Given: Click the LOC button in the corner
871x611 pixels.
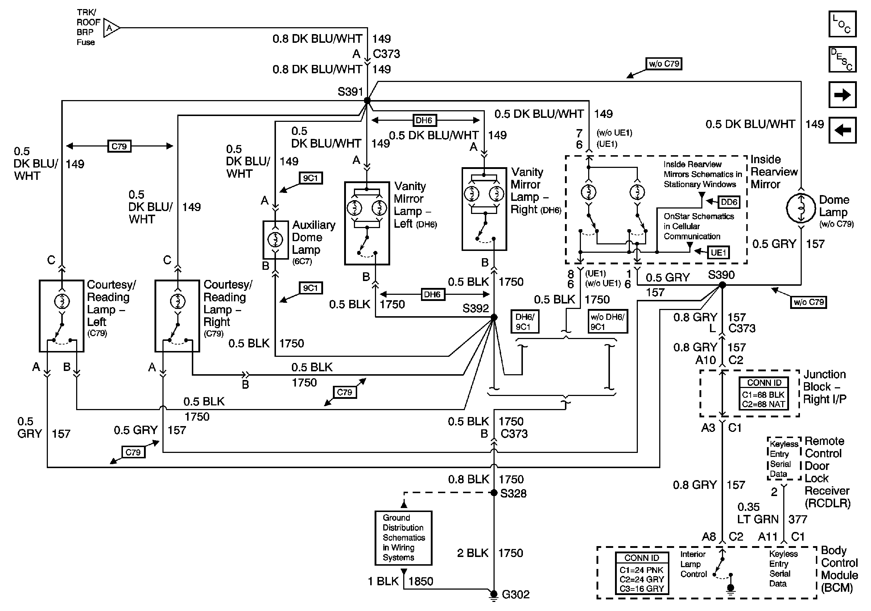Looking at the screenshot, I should click(x=842, y=24).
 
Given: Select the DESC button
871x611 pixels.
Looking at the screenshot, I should click(x=842, y=59).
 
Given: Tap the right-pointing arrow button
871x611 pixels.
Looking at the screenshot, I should click(x=842, y=94).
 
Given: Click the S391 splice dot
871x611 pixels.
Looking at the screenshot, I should click(x=367, y=100).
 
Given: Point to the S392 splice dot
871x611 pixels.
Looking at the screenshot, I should click(x=494, y=317).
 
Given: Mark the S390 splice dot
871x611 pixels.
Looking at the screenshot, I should click(x=722, y=285).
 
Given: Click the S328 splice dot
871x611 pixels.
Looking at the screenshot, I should click(x=494, y=493).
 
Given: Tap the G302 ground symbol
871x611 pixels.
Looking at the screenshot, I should click(x=494, y=594).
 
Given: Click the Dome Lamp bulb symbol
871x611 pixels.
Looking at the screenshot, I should click(x=801, y=208).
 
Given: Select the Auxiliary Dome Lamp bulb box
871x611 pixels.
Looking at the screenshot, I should click(x=276, y=240).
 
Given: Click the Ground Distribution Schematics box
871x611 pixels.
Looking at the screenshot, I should click(x=403, y=538).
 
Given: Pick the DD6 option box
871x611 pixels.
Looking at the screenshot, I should click(x=729, y=202).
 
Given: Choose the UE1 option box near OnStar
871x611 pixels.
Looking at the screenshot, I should click(x=718, y=253).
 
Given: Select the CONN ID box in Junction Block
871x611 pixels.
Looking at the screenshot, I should click(x=764, y=393).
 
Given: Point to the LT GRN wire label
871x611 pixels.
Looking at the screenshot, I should click(x=757, y=519).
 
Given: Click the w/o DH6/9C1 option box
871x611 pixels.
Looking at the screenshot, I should click(x=607, y=321).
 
